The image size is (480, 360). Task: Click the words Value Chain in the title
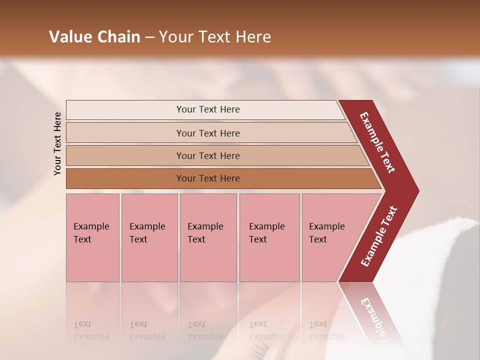coord(94,37)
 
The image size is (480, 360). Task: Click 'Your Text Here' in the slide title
coord(215,37)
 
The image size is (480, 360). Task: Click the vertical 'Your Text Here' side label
coord(57,143)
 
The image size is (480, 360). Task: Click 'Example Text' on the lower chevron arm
coord(379,236)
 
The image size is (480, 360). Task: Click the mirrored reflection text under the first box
coord(91,330)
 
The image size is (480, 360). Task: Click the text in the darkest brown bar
coord(208,178)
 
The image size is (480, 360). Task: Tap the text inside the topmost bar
coord(208,109)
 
